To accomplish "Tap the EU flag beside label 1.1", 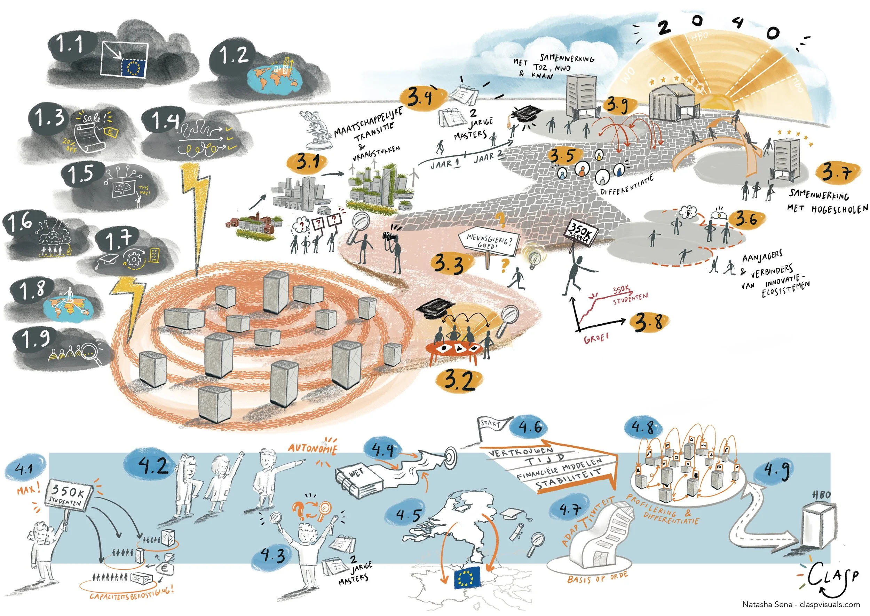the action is point(133,67).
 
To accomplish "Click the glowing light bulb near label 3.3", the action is point(535,257).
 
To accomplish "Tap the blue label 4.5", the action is point(409,515).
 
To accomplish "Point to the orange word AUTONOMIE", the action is point(312,449).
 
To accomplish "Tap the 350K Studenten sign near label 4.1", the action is point(69,495).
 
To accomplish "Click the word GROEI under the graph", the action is point(596,337).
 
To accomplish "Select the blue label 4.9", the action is point(776,470).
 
